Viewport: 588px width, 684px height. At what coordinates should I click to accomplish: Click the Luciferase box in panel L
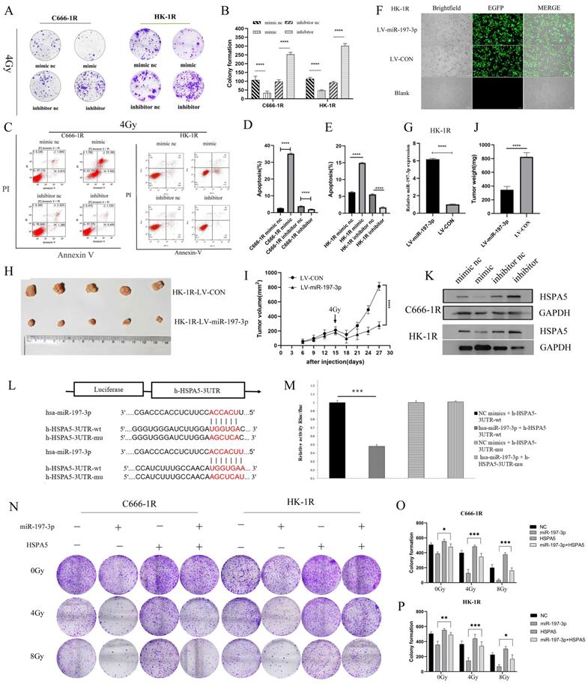(107, 390)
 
